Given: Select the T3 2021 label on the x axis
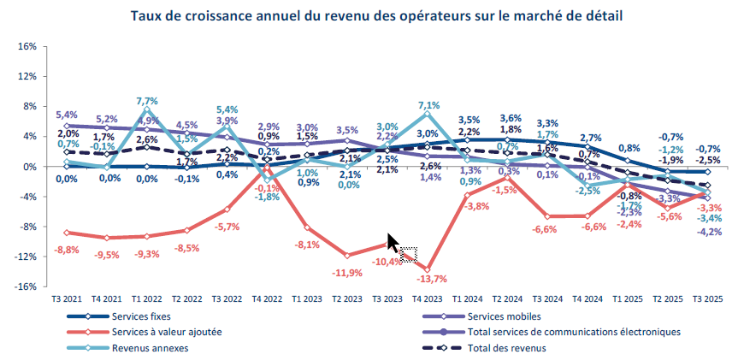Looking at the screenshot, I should point(66,298).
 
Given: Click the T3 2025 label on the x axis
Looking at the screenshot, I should point(707,298).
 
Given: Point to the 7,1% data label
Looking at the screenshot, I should point(428,105).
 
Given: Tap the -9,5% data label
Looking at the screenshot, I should point(107,254).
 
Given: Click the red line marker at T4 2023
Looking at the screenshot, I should point(427,269).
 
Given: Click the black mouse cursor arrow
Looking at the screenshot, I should point(393,243).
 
